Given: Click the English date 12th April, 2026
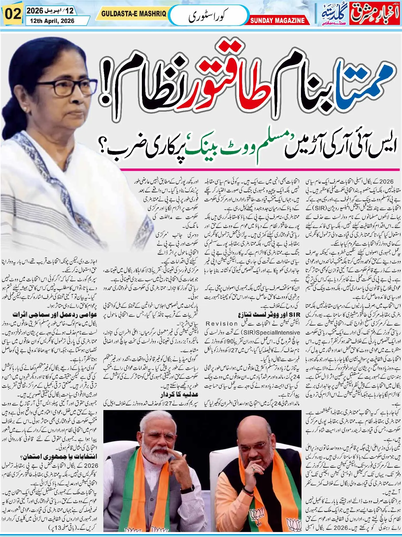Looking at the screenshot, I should pos(50,21).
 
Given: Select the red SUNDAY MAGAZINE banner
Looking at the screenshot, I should pos(277,20).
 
